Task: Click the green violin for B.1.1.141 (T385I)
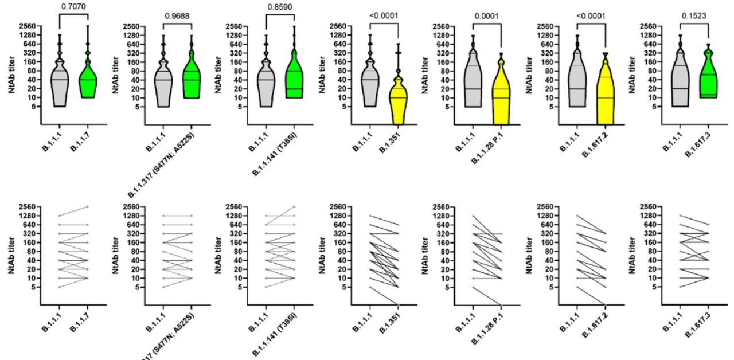294,75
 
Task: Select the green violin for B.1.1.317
192,77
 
